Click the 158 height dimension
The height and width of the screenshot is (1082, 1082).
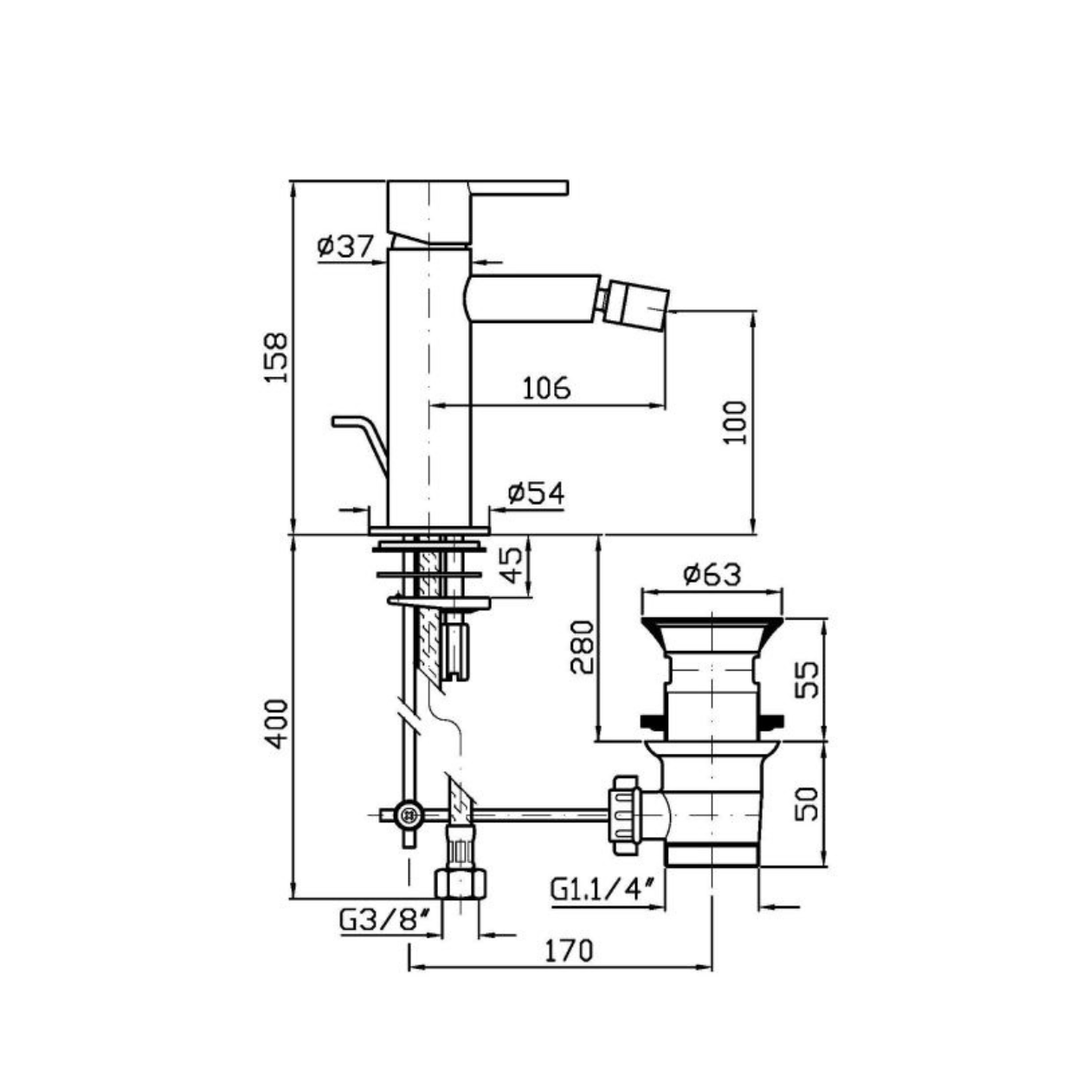275,357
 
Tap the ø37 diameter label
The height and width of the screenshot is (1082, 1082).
345,246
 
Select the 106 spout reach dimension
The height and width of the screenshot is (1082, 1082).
546,388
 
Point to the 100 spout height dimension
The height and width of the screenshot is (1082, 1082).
736,422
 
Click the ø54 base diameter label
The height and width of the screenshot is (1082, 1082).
536,493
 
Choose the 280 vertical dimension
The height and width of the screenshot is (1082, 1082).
582,647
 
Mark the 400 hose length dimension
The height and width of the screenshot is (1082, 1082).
276,725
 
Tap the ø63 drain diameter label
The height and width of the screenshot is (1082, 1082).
712,574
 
